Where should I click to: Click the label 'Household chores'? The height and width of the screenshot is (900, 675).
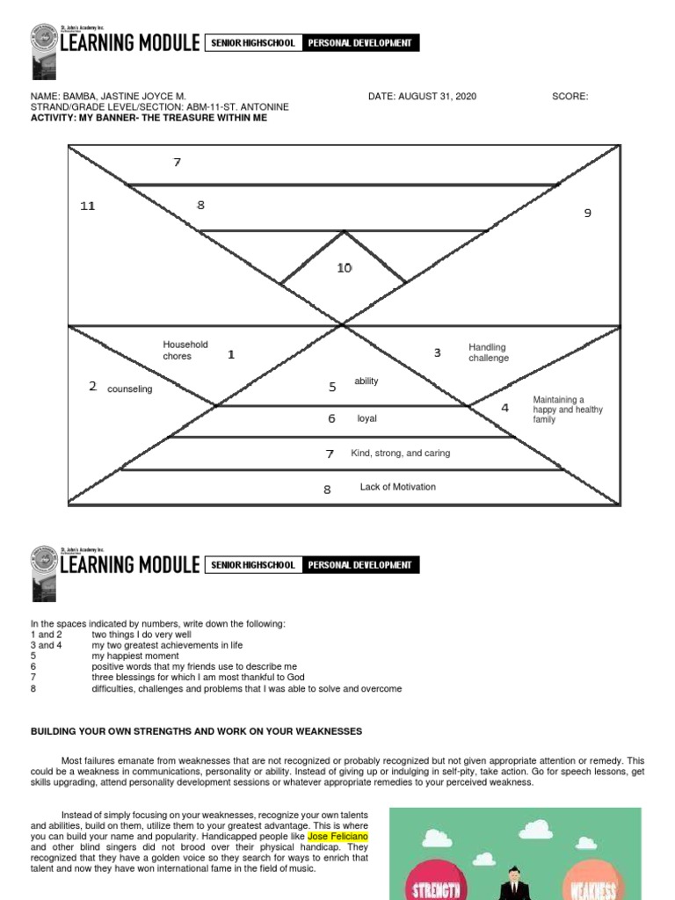pos(185,351)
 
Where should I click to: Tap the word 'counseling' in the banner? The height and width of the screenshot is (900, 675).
pos(129,389)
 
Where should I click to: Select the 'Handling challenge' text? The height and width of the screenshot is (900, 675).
pos(488,352)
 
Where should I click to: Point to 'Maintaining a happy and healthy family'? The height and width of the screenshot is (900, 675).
pos(568,410)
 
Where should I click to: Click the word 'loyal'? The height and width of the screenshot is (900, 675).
pos(367,418)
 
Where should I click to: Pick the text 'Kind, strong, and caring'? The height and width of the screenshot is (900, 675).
pos(400,454)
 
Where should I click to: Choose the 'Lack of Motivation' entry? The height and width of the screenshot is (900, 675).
pos(397,487)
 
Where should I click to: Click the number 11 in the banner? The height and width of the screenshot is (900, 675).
pos(87,206)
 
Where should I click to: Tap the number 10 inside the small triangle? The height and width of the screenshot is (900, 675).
pos(344,268)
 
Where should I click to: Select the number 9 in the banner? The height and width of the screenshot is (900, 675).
pos(588,213)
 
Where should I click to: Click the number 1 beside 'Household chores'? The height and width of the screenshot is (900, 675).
pos(231,354)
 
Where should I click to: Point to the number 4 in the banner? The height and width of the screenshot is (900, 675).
pos(504,408)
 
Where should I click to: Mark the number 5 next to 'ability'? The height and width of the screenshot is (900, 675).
pos(332,387)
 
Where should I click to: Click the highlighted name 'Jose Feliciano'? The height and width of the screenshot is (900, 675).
pos(337,837)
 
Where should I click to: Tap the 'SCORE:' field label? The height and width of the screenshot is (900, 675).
pos(570,97)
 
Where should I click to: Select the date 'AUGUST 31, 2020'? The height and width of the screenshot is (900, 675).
pos(437,97)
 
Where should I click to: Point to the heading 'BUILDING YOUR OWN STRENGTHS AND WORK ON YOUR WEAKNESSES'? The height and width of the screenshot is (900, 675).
pos(196,731)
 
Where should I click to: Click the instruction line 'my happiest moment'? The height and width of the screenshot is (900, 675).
pos(135,656)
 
